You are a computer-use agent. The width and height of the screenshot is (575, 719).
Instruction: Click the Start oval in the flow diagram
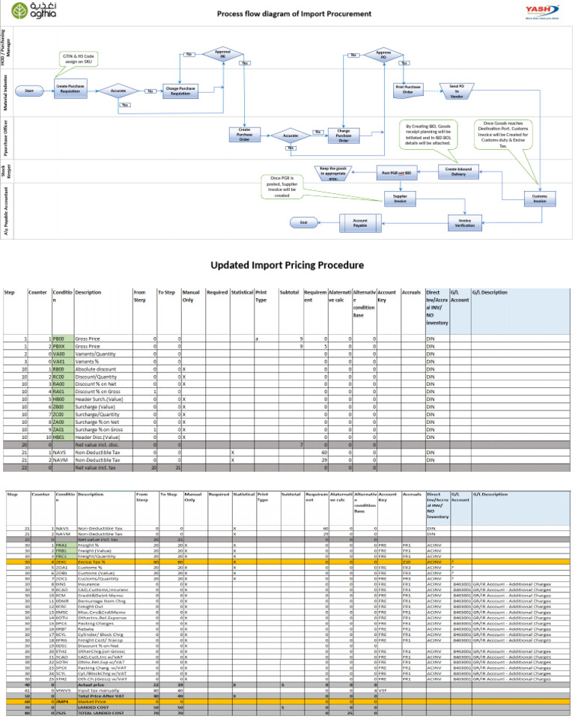coord(29,91)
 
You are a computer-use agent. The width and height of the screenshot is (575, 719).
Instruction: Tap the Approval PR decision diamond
coord(222,55)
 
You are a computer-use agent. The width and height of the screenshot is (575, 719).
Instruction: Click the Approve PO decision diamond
coord(384,55)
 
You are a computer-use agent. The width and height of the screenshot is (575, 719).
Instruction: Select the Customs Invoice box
coord(540,198)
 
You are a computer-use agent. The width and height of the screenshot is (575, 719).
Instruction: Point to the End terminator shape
coord(303,222)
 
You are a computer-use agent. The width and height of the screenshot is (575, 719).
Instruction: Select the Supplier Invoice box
coord(395,198)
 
